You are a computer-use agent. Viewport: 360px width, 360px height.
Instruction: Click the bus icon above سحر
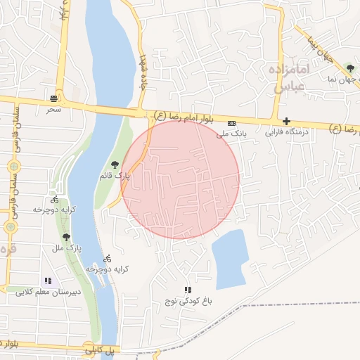54,98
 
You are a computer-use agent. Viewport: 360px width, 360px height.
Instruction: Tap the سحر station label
54,110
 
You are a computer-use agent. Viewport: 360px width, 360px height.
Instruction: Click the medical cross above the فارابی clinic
286,121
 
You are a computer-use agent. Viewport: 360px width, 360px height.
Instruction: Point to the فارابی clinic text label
286,131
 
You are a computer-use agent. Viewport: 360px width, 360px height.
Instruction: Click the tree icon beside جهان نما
350,68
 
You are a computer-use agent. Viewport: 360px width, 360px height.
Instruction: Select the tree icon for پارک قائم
115,165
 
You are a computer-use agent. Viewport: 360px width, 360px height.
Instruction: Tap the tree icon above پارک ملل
66,238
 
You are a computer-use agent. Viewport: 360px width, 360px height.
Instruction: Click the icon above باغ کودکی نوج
187,290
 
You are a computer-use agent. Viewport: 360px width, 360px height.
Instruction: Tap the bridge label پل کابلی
100,348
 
